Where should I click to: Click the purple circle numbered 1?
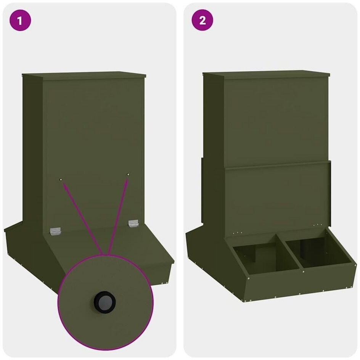click(20, 20)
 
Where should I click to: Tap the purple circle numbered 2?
click(202, 20)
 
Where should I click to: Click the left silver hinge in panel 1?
click(56, 231)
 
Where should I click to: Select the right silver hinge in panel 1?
click(133, 223)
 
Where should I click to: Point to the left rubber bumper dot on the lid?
click(61, 179)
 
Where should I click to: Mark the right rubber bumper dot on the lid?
click(128, 175)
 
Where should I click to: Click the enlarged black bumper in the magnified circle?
click(105, 302)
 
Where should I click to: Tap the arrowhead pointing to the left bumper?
click(66, 187)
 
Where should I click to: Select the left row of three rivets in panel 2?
click(237, 233)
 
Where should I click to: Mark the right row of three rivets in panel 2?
click(318, 225)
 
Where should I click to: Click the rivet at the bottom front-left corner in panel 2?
click(245, 300)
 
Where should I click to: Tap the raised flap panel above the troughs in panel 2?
click(277, 198)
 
